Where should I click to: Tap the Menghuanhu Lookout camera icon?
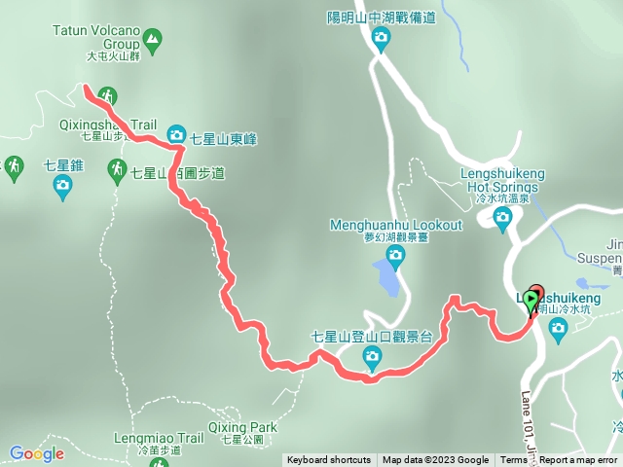pyautogui.click(x=395, y=255)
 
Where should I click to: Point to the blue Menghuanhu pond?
pyautogui.click(x=386, y=280)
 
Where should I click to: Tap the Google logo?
pyautogui.click(x=36, y=453)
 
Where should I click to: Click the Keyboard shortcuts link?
pyautogui.click(x=328, y=460)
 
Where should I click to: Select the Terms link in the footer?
pyautogui.click(x=513, y=460)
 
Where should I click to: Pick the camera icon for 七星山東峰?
pyautogui.click(x=176, y=135)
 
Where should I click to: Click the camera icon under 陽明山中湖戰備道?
pyautogui.click(x=381, y=38)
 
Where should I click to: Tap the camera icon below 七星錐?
pyautogui.click(x=63, y=185)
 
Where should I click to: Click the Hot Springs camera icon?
pyautogui.click(x=503, y=216)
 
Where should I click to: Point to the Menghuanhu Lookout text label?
pyautogui.click(x=395, y=225)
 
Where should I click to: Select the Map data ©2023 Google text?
pyautogui.click(x=435, y=460)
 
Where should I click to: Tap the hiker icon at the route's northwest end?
pyautogui.click(x=108, y=95)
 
